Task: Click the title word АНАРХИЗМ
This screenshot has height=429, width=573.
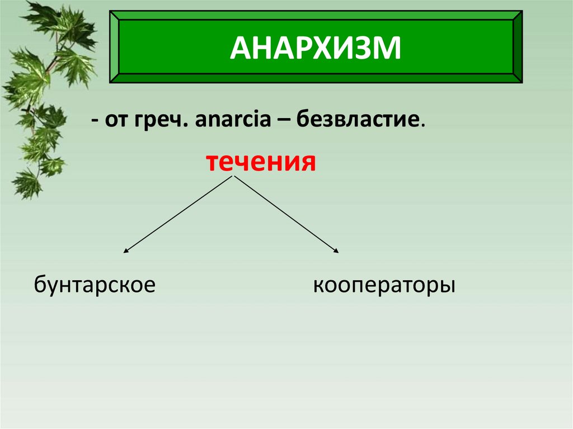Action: pos(316,48)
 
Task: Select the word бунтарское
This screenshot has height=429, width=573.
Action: pos(95,285)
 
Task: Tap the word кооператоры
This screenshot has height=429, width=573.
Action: pos(384,286)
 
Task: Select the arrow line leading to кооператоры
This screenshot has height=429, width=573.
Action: pos(285,214)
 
